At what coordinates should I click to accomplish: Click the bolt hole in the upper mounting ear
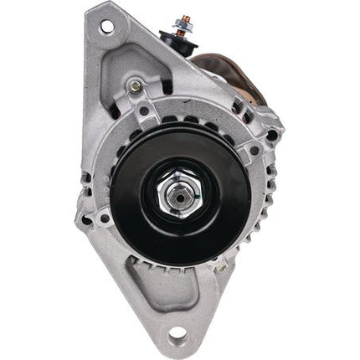[106, 28]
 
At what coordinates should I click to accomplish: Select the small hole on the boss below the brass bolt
[143, 110]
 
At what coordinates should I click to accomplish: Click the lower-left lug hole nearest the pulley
[105, 220]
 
